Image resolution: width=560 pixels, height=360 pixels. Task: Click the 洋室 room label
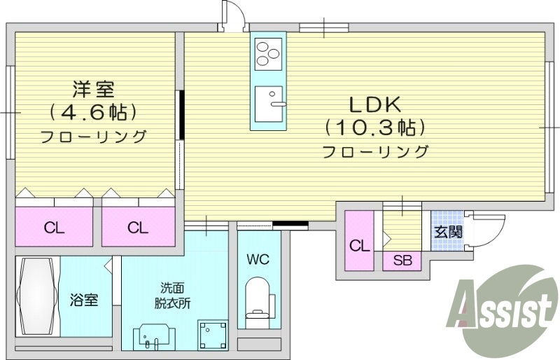pos(94,89)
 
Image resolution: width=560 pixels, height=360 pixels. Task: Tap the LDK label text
pos(374,105)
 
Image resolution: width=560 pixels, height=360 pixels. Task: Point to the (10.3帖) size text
pos(375,128)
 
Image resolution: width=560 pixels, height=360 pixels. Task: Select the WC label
pos(257,259)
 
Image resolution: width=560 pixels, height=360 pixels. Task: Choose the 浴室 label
pos(83,300)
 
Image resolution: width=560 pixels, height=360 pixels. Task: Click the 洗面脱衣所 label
pos(172,296)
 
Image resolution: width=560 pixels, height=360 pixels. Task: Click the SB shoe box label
pos(402,261)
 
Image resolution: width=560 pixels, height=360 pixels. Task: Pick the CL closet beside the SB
pos(359,245)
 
